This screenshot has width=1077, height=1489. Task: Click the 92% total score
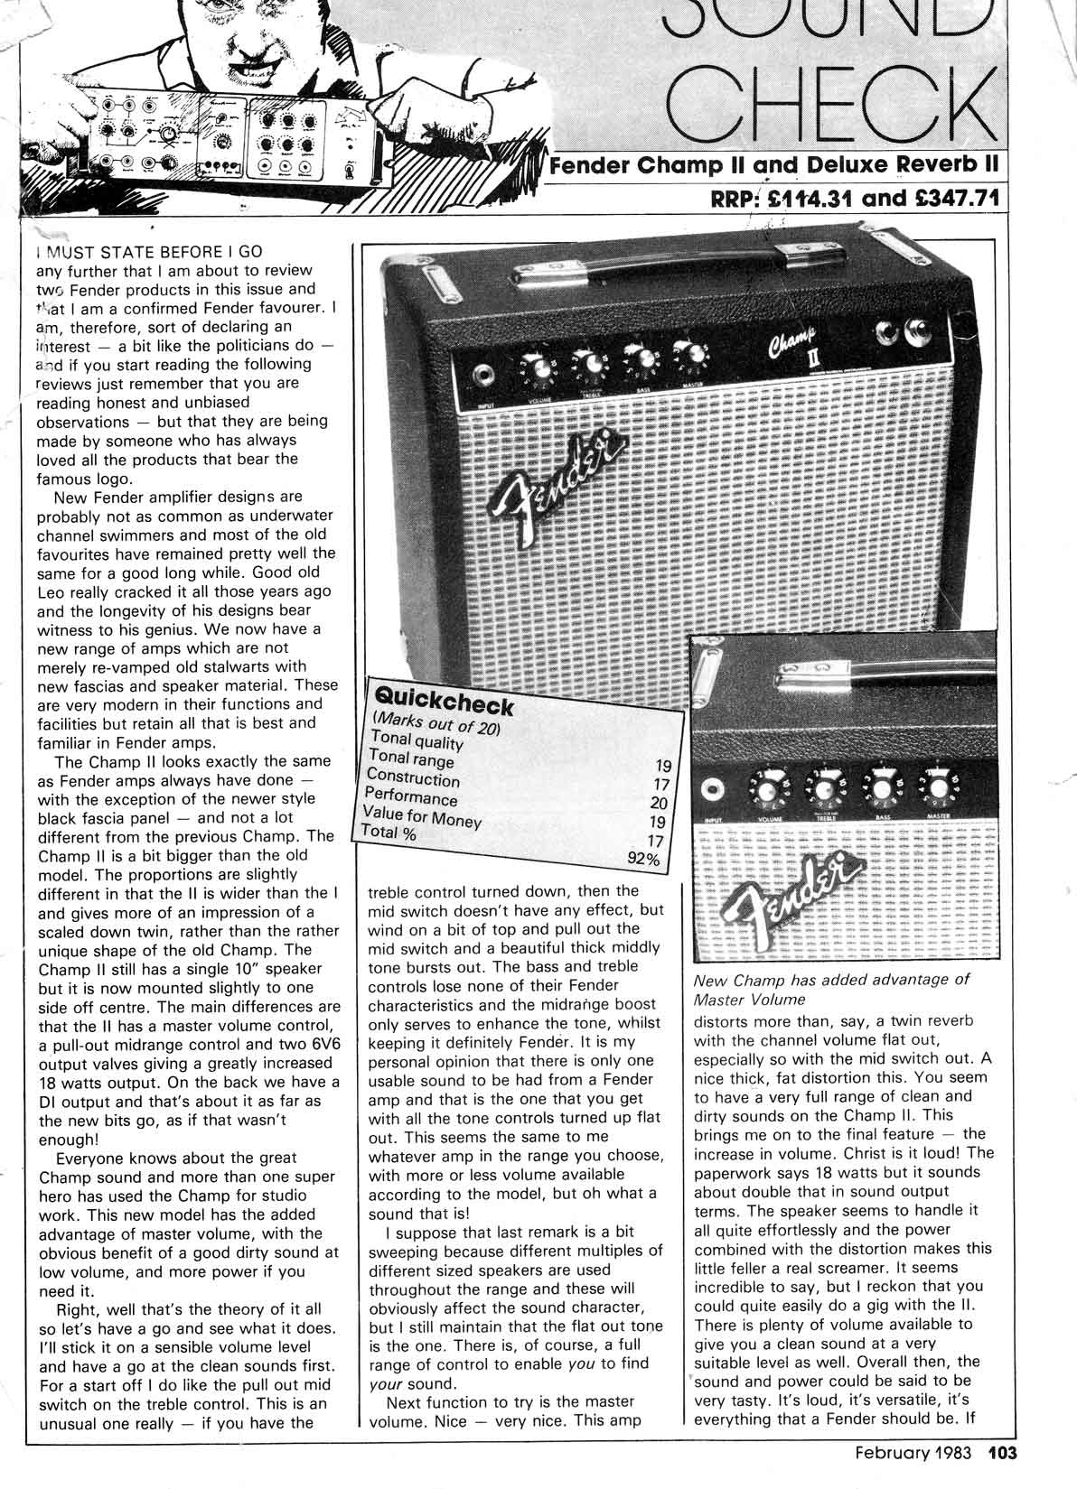tap(644, 859)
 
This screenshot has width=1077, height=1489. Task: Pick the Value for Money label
tap(420, 815)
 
